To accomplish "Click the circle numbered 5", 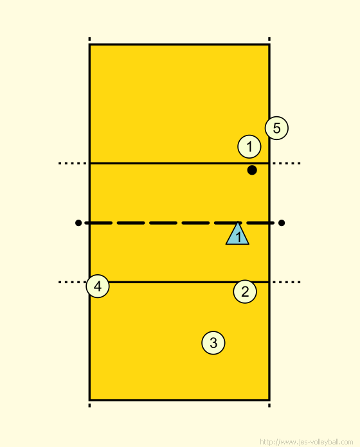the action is point(276,128).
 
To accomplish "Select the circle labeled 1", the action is point(249,146).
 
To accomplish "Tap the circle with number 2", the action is point(245,292).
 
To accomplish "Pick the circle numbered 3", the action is point(213,343).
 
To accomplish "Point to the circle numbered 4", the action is point(98,286).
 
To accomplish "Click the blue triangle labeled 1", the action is point(237,234).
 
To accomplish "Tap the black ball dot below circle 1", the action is point(252,170).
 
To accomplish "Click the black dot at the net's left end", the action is point(78,223).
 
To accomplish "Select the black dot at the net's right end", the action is point(282,223).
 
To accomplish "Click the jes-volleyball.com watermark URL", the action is point(307,442).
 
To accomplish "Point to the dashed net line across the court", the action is point(179,223).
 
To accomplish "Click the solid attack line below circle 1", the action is point(179,163).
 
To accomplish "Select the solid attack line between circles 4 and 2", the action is point(188,282).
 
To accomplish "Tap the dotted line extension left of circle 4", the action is point(73,282).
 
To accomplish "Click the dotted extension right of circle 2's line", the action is point(287,282).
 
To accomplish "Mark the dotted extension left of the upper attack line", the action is point(73,163).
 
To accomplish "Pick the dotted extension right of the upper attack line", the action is point(287,163).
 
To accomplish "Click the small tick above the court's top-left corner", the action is point(89,39).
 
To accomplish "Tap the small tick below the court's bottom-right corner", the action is point(269,405).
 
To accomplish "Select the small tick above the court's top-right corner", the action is point(269,39).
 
